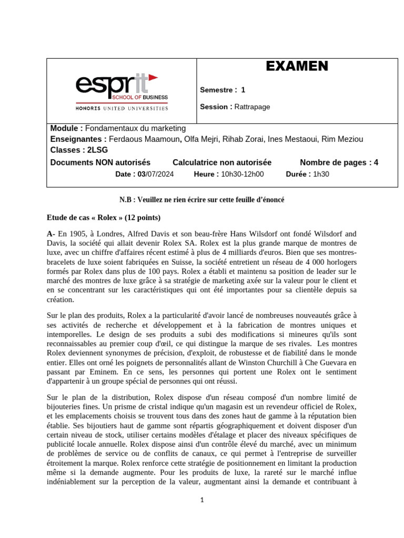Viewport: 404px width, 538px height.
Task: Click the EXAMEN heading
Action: coord(297,66)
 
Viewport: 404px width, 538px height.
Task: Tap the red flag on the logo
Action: coord(153,78)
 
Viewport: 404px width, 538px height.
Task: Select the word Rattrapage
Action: coord(252,107)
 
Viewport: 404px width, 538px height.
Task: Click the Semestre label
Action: coord(218,90)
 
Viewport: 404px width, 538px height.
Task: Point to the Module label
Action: coord(66,128)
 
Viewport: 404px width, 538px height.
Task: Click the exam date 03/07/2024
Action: coord(156,174)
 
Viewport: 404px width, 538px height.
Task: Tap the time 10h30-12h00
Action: coord(243,174)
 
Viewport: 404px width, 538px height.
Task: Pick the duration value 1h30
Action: coord(321,174)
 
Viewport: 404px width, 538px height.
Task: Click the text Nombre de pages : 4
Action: coord(339,162)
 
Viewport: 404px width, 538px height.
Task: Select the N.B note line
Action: coord(201,200)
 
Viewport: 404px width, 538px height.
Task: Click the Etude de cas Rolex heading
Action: coord(104,218)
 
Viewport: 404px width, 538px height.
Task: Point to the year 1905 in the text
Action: coord(79,234)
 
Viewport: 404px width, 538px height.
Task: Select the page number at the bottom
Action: coord(201,501)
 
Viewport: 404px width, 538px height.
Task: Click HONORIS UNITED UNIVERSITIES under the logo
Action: coord(122,109)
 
